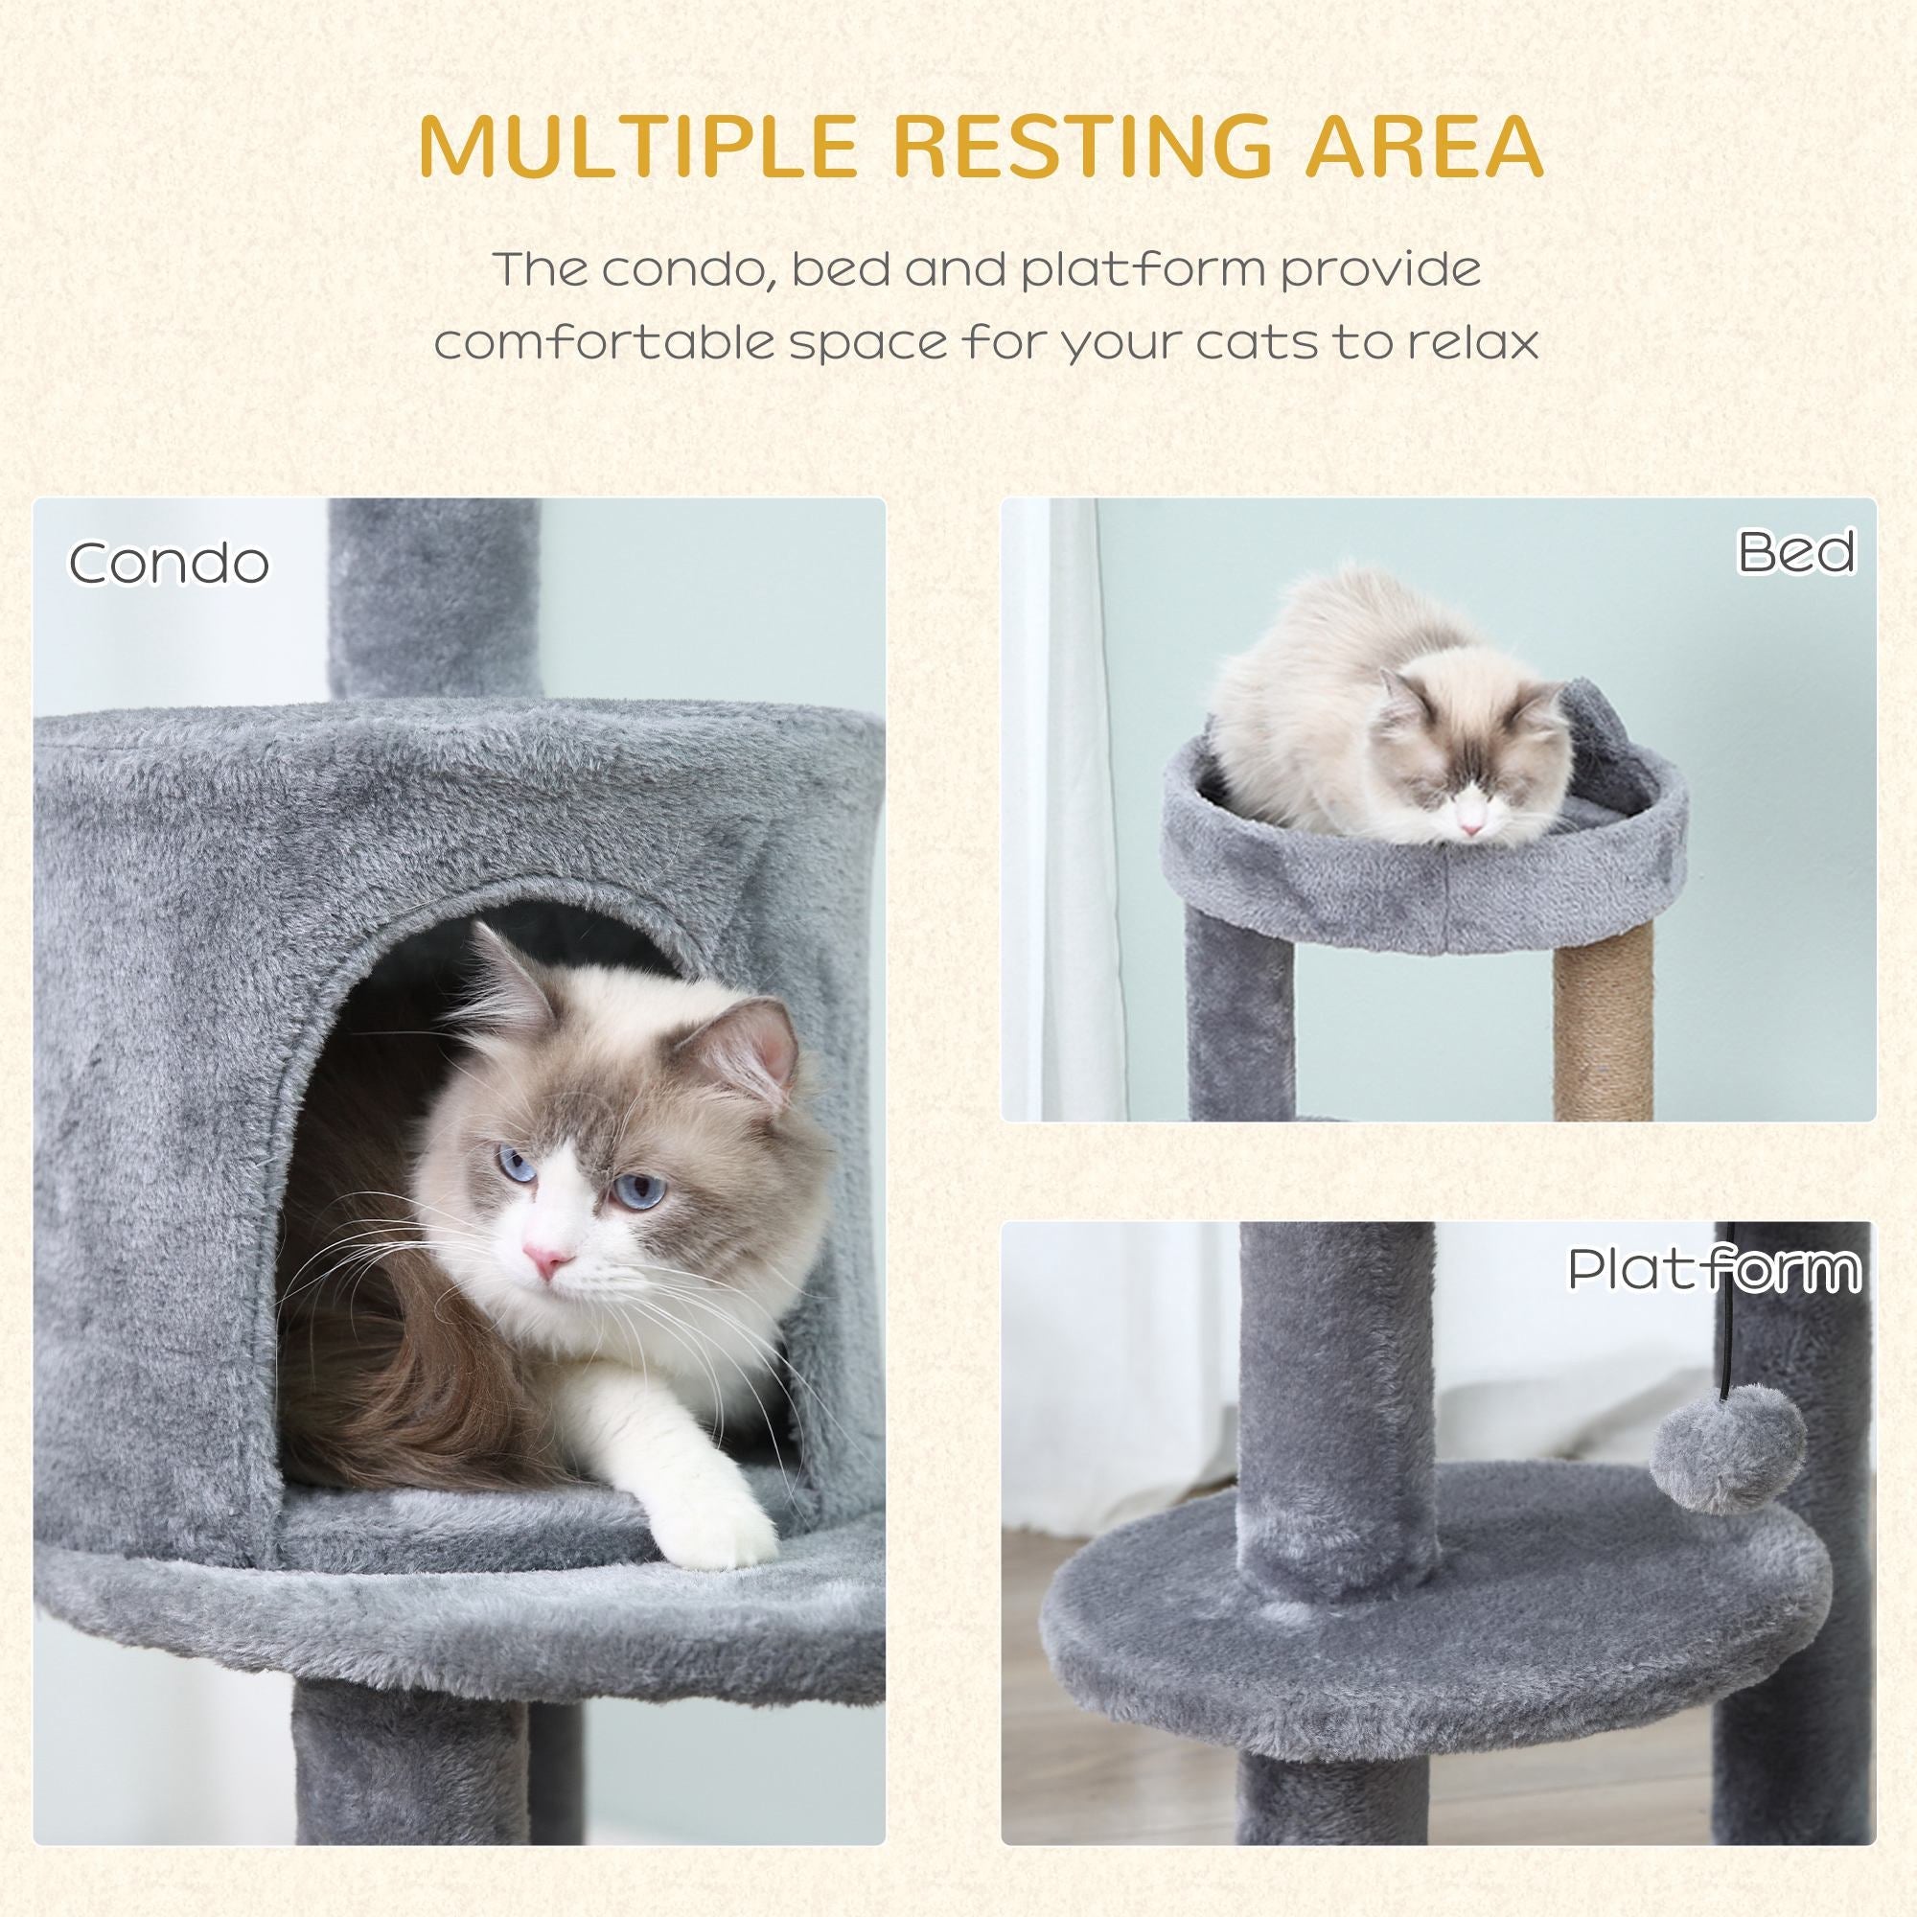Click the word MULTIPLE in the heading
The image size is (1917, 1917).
click(x=636, y=146)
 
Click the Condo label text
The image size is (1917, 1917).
click(x=169, y=563)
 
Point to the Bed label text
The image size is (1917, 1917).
click(x=1796, y=553)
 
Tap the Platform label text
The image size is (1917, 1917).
click(x=1714, y=1269)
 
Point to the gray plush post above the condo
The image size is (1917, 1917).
click(x=433, y=595)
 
